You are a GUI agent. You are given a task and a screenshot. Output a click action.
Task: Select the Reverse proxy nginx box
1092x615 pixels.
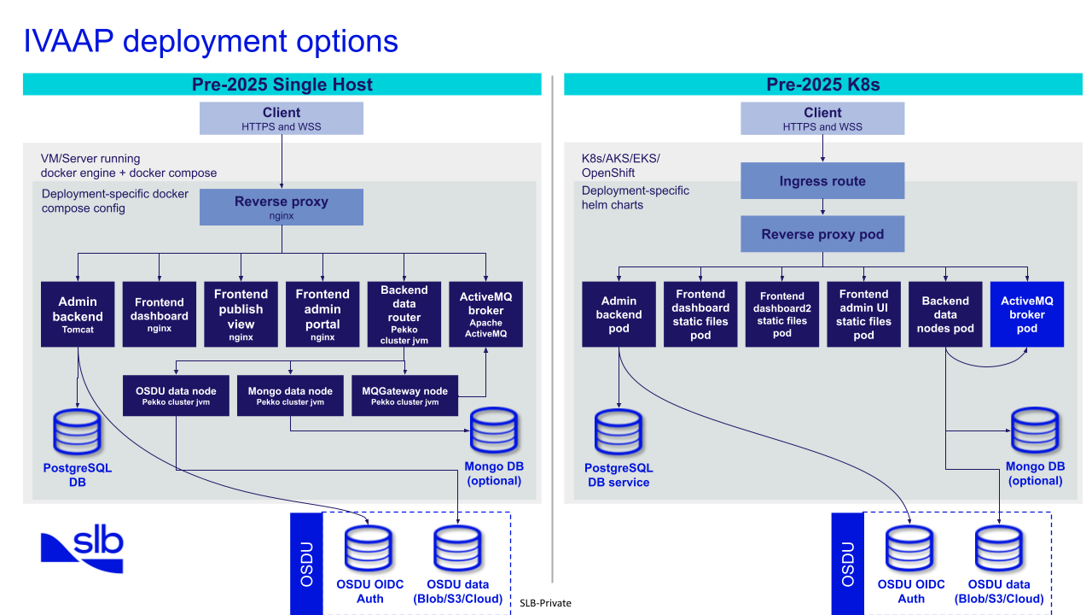tap(282, 208)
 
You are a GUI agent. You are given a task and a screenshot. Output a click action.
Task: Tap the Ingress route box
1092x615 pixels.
tap(822, 181)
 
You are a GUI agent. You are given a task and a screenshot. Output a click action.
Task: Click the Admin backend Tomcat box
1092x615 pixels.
tap(78, 313)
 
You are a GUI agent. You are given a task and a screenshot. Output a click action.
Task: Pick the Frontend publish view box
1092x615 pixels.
tap(241, 313)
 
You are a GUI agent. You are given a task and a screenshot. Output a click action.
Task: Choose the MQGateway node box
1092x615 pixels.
tap(405, 395)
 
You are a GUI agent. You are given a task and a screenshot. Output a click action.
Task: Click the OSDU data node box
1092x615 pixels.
tap(176, 395)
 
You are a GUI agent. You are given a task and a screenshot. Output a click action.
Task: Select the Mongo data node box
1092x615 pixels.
tap(290, 395)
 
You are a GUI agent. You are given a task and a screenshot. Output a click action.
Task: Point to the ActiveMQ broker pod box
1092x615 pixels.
tap(1027, 313)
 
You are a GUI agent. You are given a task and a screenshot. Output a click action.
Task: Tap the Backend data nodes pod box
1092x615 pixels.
tap(945, 313)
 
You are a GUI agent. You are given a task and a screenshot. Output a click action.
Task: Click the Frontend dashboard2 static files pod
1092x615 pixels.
tap(782, 313)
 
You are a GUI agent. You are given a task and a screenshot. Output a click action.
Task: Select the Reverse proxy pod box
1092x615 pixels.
tap(822, 234)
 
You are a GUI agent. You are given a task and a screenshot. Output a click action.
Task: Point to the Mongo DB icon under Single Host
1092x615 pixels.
tap(494, 431)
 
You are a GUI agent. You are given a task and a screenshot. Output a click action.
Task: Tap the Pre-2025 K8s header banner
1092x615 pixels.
tap(822, 84)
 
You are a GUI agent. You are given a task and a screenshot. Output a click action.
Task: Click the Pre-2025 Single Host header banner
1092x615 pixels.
tap(282, 84)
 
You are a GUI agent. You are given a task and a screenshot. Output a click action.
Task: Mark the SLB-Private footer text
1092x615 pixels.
tap(545, 603)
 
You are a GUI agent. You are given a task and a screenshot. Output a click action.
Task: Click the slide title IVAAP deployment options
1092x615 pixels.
tap(211, 41)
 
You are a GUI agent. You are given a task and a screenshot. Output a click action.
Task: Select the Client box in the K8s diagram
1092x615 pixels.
tap(822, 118)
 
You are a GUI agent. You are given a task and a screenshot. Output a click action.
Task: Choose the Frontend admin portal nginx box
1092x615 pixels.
tap(322, 313)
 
